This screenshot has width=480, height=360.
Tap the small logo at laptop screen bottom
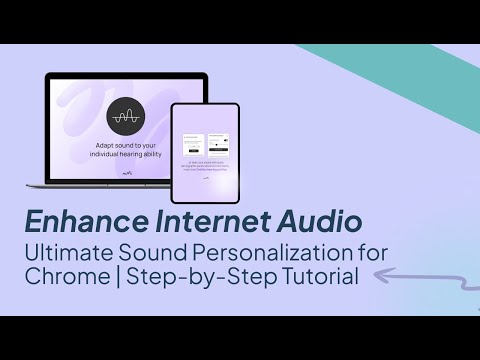pyautogui.click(x=126, y=177)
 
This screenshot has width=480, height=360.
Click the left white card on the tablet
pyautogui.click(x=193, y=143)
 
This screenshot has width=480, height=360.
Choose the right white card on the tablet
pyautogui.click(x=219, y=143)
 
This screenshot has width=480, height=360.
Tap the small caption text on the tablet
pyautogui.click(x=206, y=167)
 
